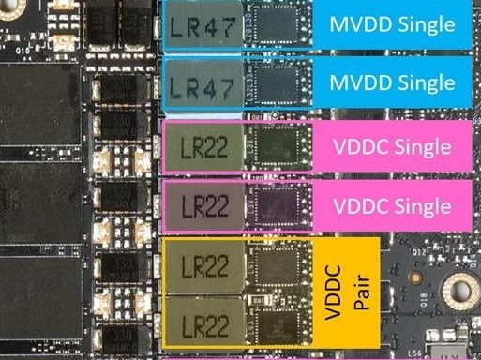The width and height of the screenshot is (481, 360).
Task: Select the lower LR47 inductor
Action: click(x=202, y=85)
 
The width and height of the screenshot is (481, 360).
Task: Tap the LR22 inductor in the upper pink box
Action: click(x=203, y=147)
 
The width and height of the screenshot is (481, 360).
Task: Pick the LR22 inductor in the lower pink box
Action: click(x=203, y=203)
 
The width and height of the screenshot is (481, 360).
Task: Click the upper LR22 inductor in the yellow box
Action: click(x=203, y=267)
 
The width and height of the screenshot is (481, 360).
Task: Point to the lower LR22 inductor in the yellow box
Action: click(x=203, y=324)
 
